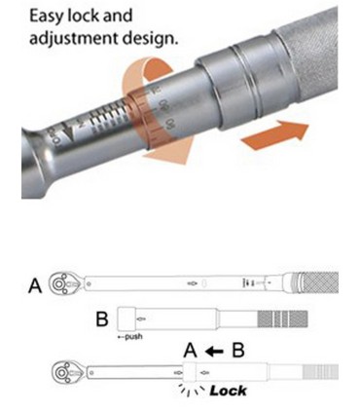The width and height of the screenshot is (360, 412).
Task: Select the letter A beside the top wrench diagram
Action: [x=35, y=285]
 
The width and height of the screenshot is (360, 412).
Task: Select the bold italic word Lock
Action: [x=228, y=391]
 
